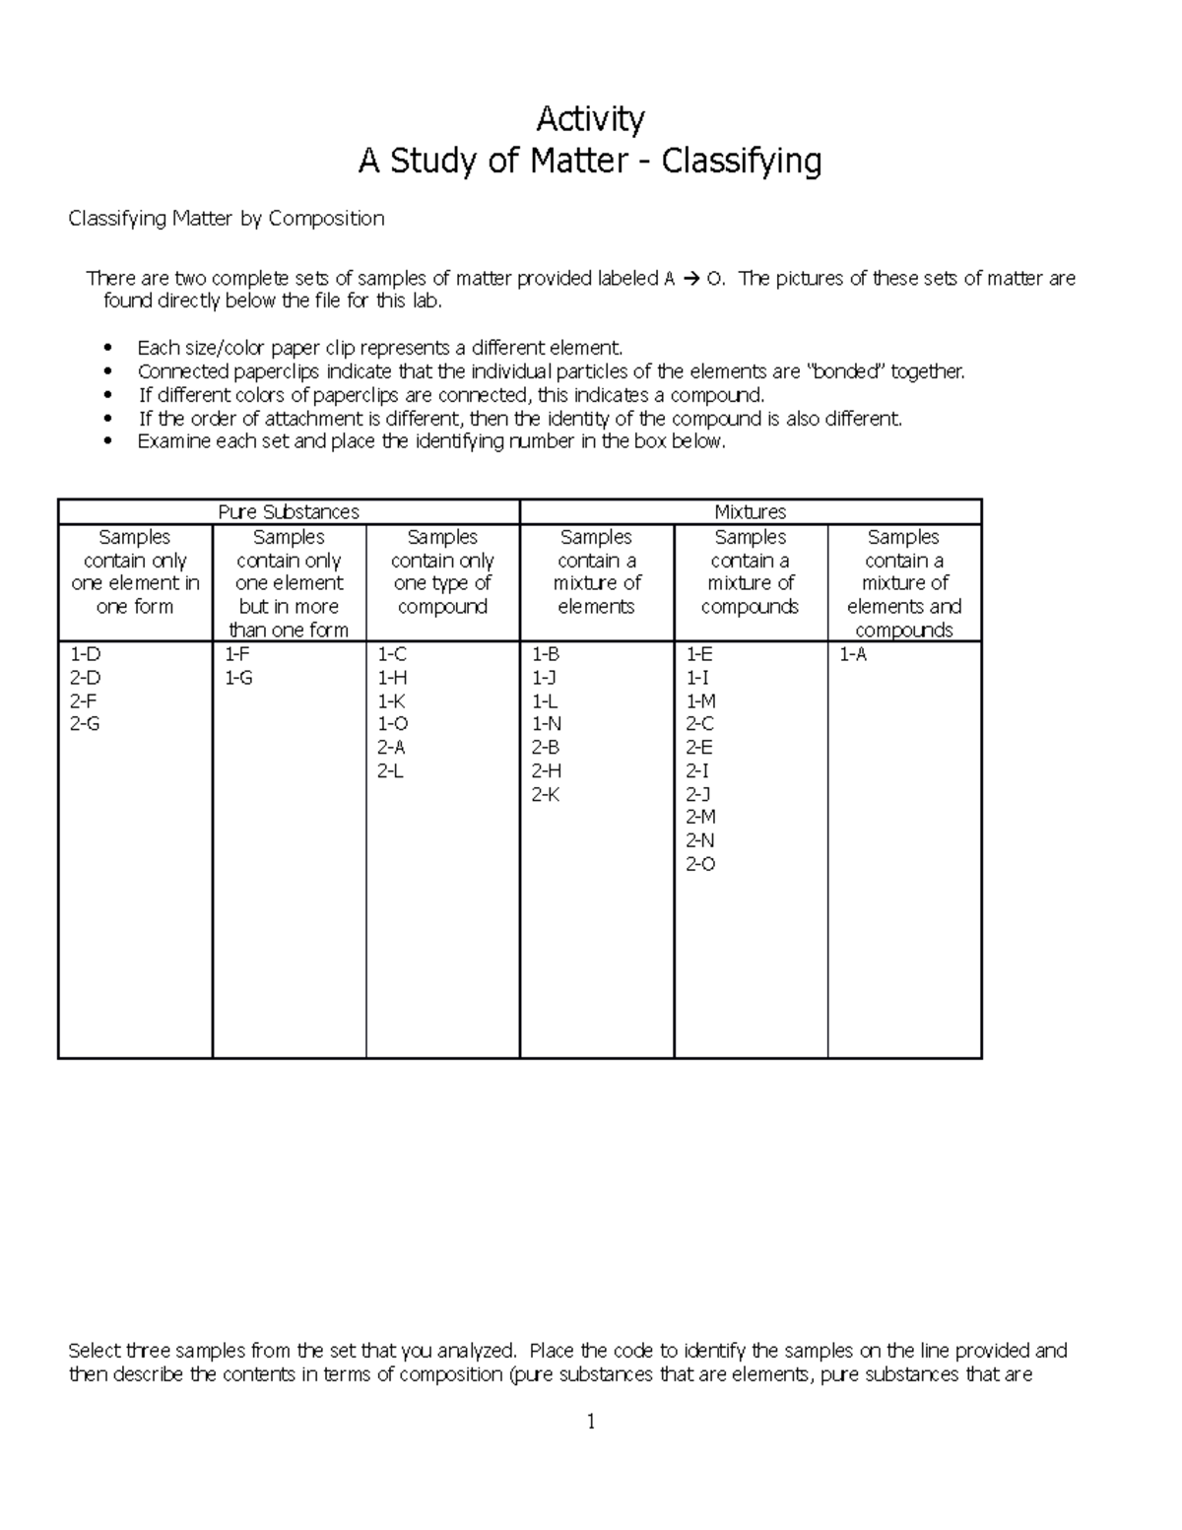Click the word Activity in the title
pyautogui.click(x=590, y=120)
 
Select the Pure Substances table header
pyautogui.click(x=288, y=512)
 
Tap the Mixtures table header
pyautogui.click(x=750, y=512)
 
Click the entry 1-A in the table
pyautogui.click(x=853, y=655)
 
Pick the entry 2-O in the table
pyautogui.click(x=700, y=864)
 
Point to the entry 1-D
pyautogui.click(x=85, y=655)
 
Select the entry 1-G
pyautogui.click(x=238, y=679)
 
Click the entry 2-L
pyautogui.click(x=391, y=771)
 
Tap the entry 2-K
pyautogui.click(x=546, y=794)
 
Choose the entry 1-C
pyautogui.click(x=392, y=655)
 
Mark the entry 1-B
pyautogui.click(x=546, y=655)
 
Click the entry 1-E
pyautogui.click(x=699, y=655)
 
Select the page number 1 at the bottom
pyautogui.click(x=591, y=1422)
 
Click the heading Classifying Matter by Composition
pyautogui.click(x=226, y=219)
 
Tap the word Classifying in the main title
pyautogui.click(x=741, y=161)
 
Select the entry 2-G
pyautogui.click(x=85, y=724)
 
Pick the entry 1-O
pyautogui.click(x=392, y=724)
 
